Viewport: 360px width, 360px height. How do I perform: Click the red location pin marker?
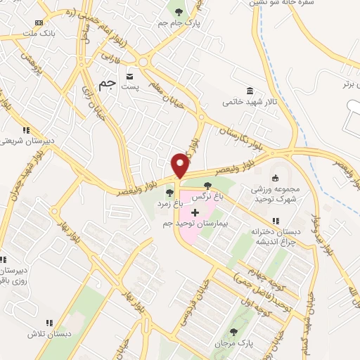[181, 165]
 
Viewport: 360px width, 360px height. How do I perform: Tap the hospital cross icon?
[195, 212]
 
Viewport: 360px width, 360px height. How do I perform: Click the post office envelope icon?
[129, 75]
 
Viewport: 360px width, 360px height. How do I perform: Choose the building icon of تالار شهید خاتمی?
[250, 90]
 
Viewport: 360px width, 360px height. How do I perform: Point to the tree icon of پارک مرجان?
[233, 332]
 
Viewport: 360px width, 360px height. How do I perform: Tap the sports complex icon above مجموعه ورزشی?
[275, 178]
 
